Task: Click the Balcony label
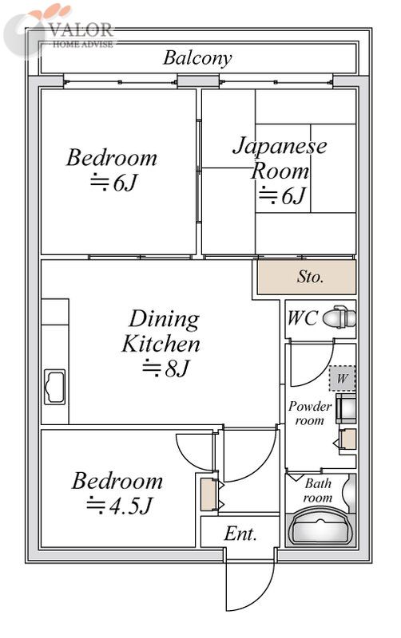point(197,58)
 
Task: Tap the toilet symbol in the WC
point(339,317)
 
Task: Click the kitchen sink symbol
point(54,387)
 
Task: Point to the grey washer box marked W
point(343,378)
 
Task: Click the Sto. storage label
point(310,277)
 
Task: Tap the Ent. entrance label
point(240,534)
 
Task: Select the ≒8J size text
point(166,368)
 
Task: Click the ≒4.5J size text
point(119,506)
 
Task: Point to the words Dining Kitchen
point(161,331)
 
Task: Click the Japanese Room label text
point(280,158)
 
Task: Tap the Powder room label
point(310,412)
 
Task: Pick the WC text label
point(302,317)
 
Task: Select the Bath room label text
point(318,490)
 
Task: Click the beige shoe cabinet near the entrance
point(208,494)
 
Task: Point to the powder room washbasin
point(346,408)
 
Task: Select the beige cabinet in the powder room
point(348,439)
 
